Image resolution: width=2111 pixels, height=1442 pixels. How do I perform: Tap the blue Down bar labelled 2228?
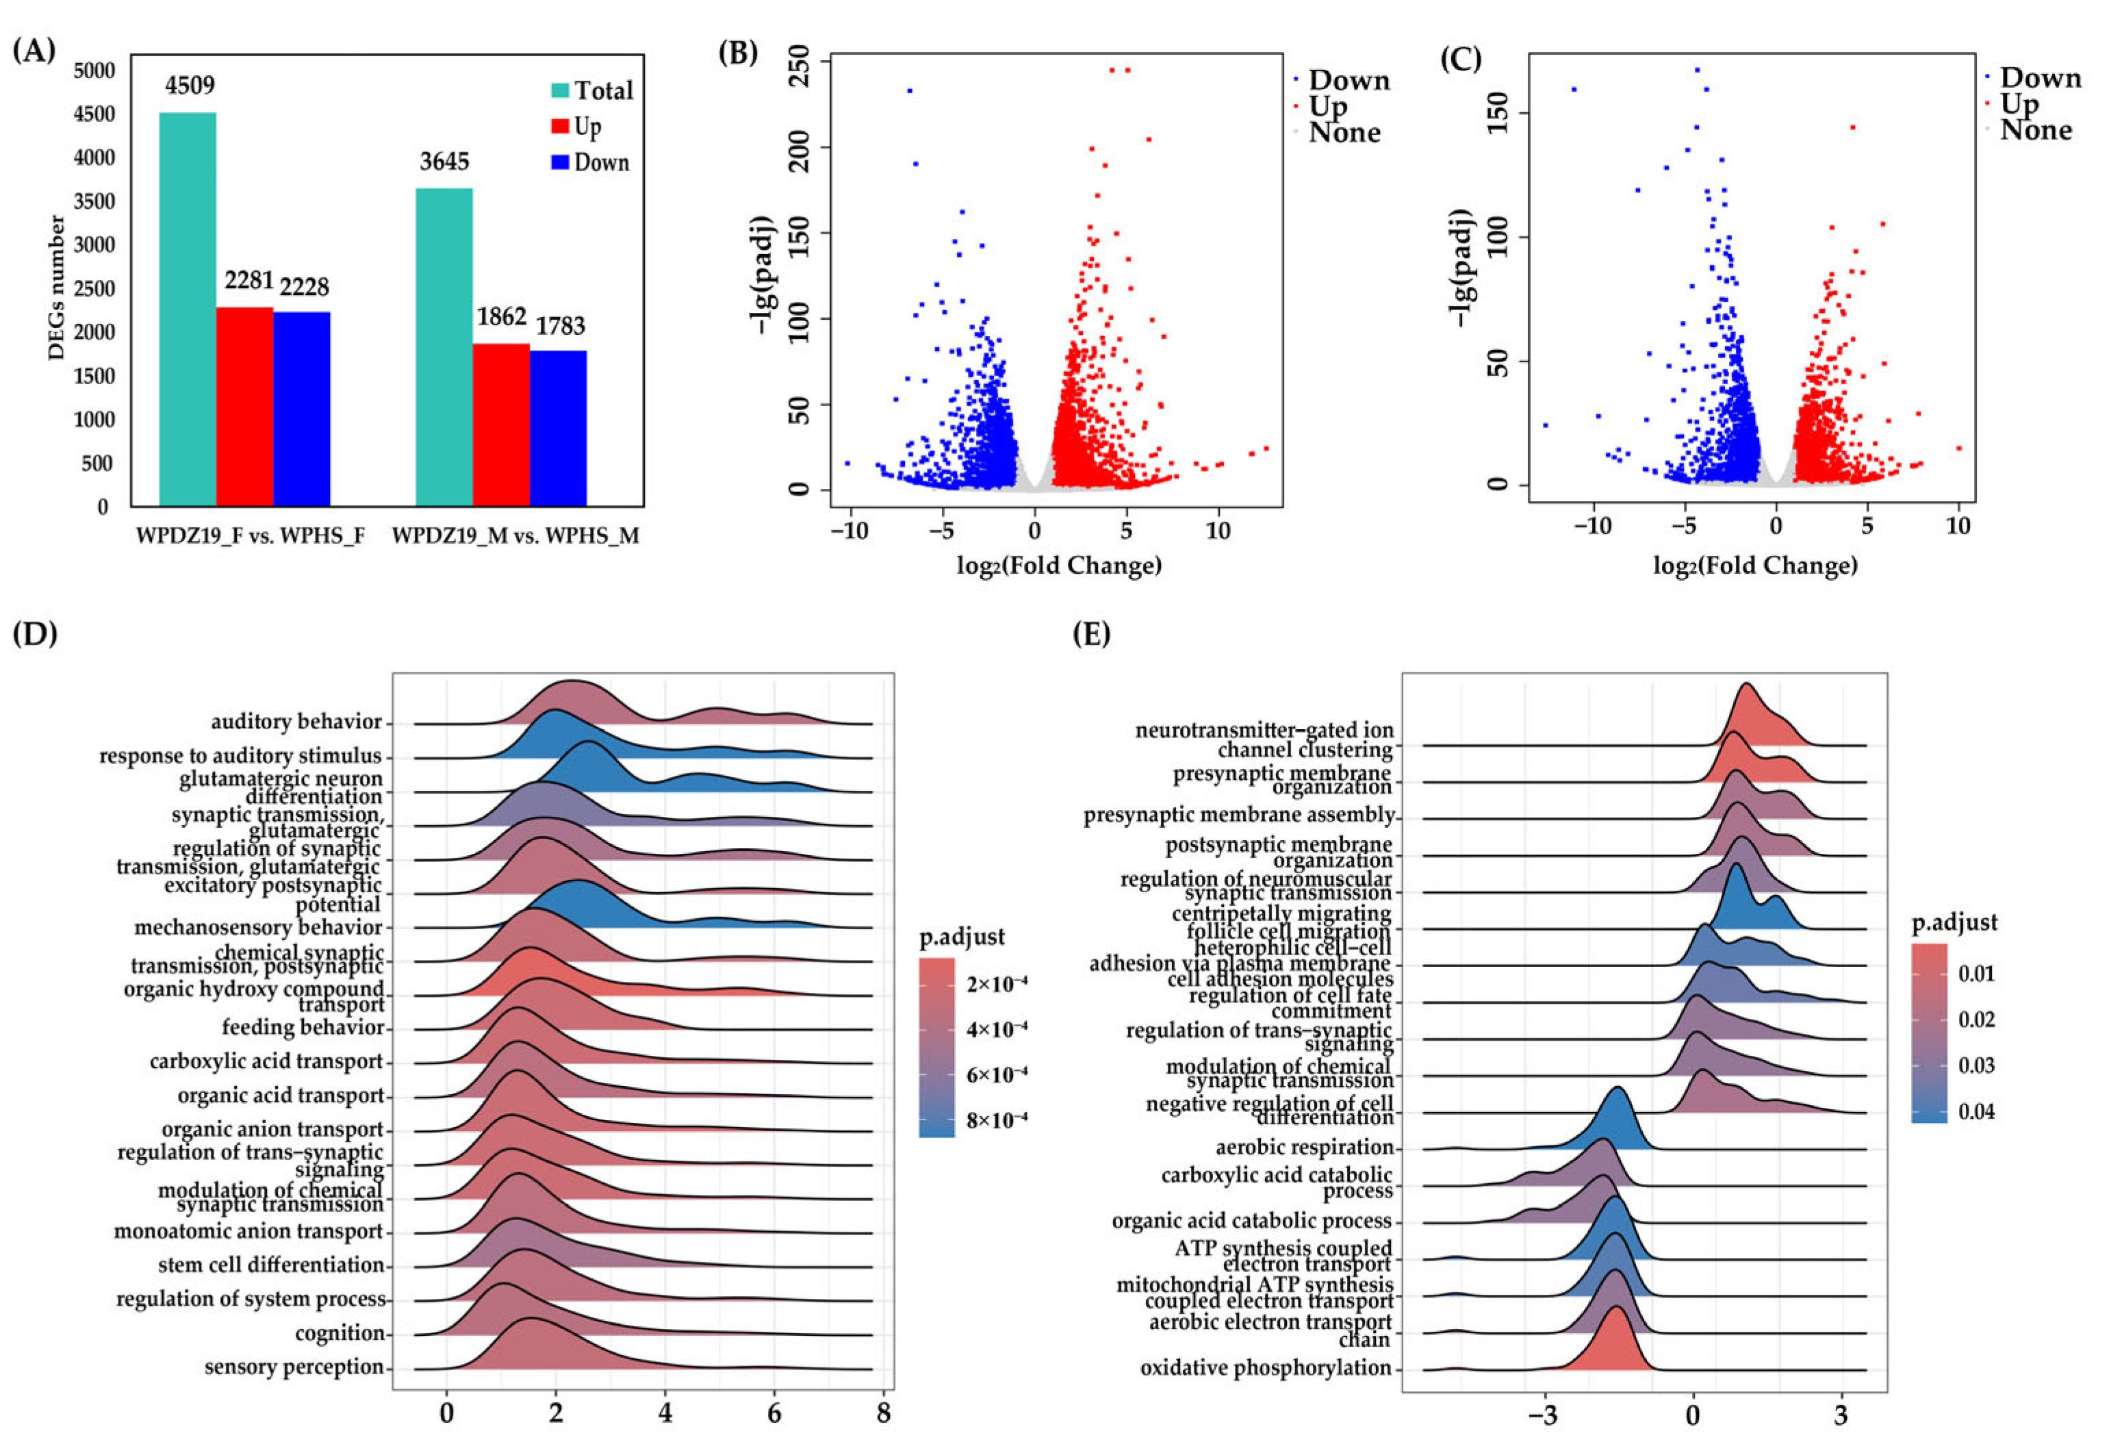pos(302,408)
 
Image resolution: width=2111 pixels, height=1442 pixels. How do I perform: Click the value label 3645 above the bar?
pos(444,162)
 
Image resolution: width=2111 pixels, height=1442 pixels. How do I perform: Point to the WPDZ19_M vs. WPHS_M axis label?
pos(515,536)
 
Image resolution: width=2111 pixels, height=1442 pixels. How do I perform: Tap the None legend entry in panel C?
pos(2036,131)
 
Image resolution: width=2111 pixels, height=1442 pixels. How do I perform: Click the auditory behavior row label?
pos(296,722)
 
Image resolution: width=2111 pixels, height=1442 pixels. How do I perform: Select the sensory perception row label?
pos(294,1367)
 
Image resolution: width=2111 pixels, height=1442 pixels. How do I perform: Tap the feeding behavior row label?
pos(303,1027)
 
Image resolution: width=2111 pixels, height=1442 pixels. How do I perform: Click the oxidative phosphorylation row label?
pos(1266,1367)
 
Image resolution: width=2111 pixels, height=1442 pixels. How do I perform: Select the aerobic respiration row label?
pos(1305,1148)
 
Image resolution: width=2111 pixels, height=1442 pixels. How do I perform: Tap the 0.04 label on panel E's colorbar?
pos(1975,1111)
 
